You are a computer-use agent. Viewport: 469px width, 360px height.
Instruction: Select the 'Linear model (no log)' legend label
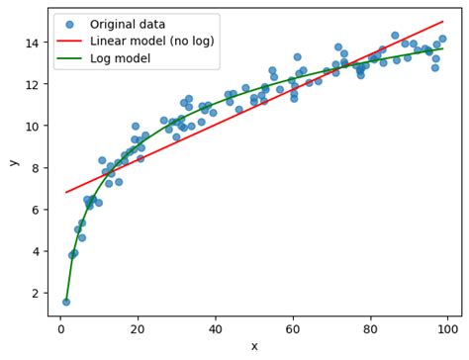[x=150, y=41]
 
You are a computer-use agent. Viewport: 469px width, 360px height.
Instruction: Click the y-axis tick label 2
[x=36, y=293]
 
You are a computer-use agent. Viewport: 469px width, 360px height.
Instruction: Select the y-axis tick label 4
[x=36, y=251]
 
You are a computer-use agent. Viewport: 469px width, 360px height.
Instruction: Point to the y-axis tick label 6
[x=36, y=210]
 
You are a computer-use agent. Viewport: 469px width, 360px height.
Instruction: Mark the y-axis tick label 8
[x=36, y=168]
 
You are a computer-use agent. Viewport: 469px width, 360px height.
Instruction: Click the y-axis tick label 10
[x=33, y=127]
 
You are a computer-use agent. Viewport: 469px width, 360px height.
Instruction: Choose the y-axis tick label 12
[x=33, y=85]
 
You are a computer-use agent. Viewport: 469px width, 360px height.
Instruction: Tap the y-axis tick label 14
[x=33, y=44]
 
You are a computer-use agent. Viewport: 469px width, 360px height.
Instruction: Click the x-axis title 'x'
[x=254, y=346]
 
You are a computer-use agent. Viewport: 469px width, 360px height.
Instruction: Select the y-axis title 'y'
[x=13, y=162]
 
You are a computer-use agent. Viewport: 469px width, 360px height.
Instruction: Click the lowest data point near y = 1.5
[x=65, y=302]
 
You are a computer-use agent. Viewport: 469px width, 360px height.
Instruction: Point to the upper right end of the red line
[x=443, y=22]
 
